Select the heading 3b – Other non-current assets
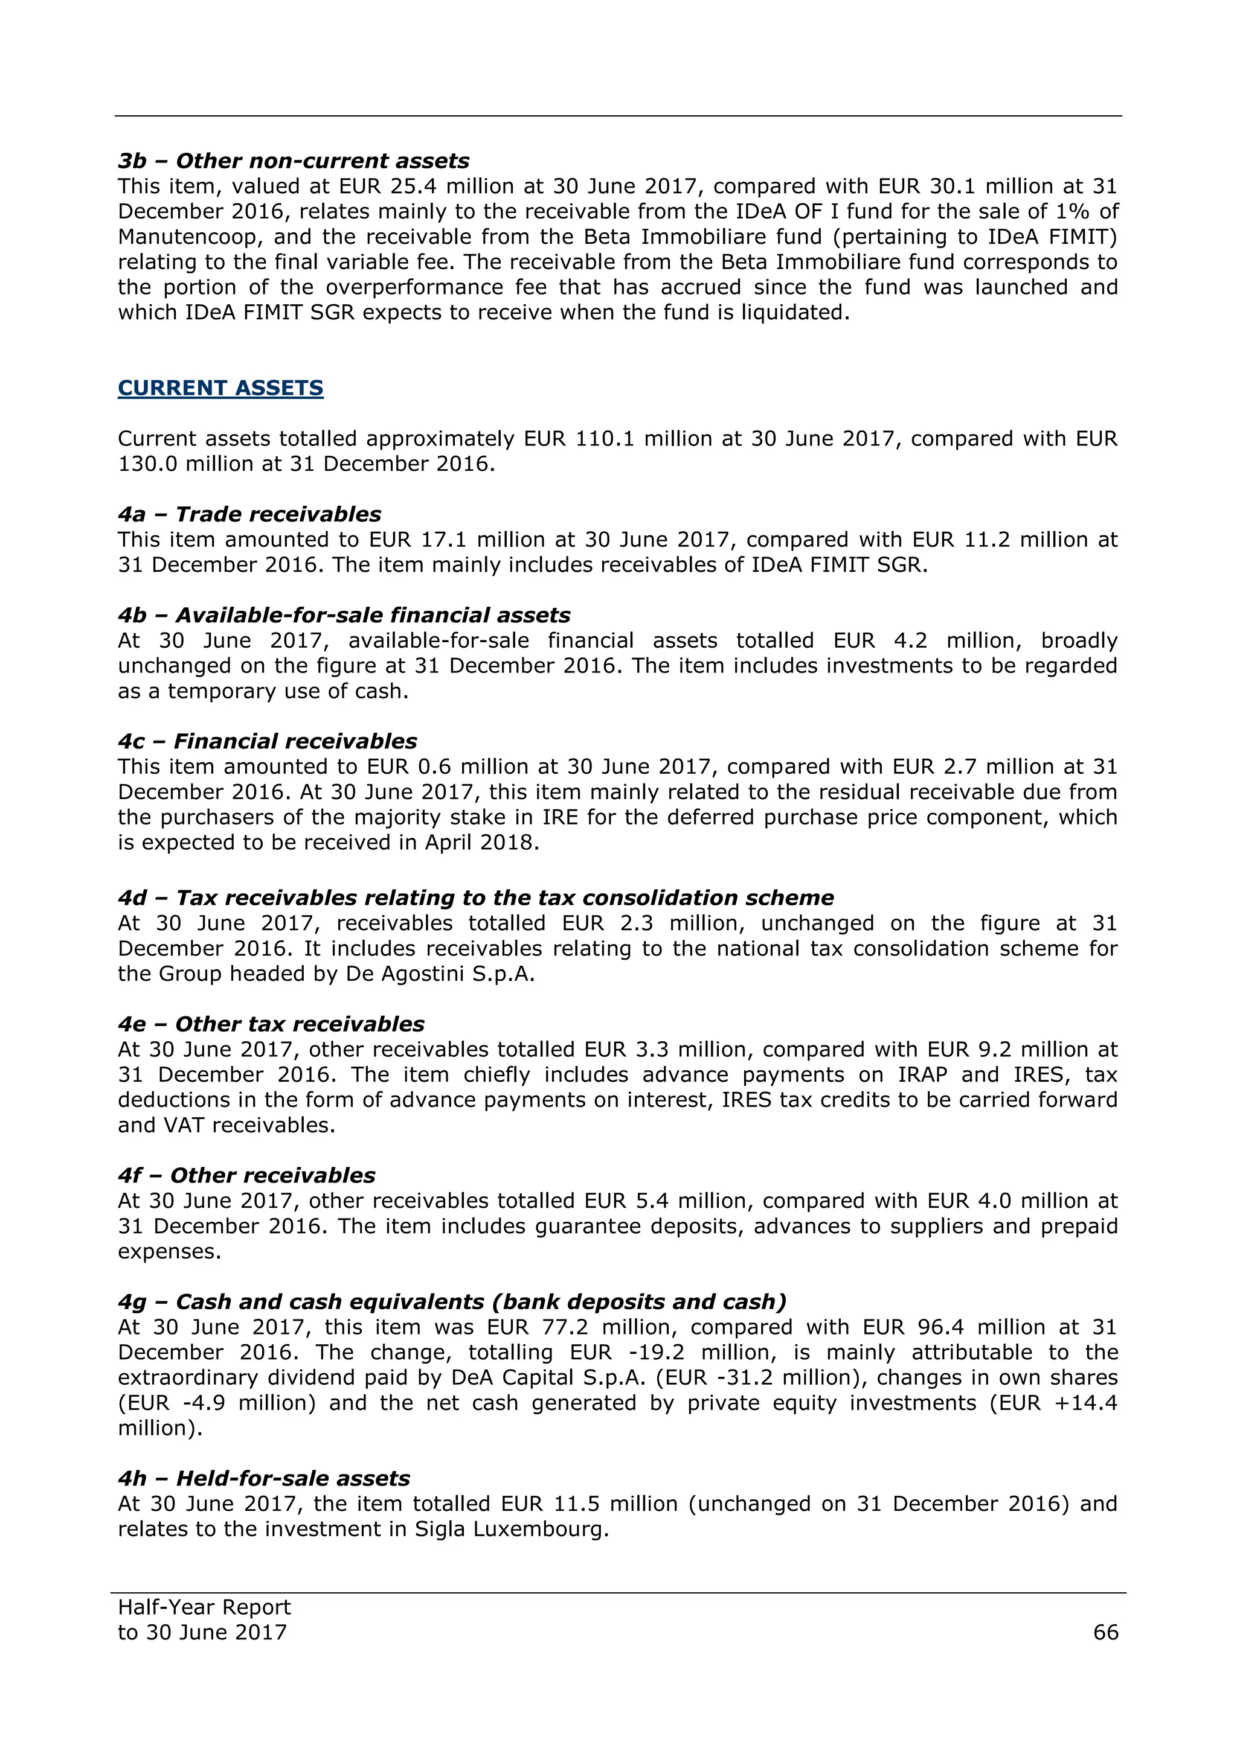point(294,161)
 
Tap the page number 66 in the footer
point(1105,1632)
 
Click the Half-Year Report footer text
point(204,1607)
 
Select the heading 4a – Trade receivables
point(249,515)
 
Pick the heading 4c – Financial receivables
point(268,742)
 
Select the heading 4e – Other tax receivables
point(271,1025)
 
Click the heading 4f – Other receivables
point(246,1176)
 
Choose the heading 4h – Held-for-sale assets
point(263,1479)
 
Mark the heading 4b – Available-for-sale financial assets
point(344,615)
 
